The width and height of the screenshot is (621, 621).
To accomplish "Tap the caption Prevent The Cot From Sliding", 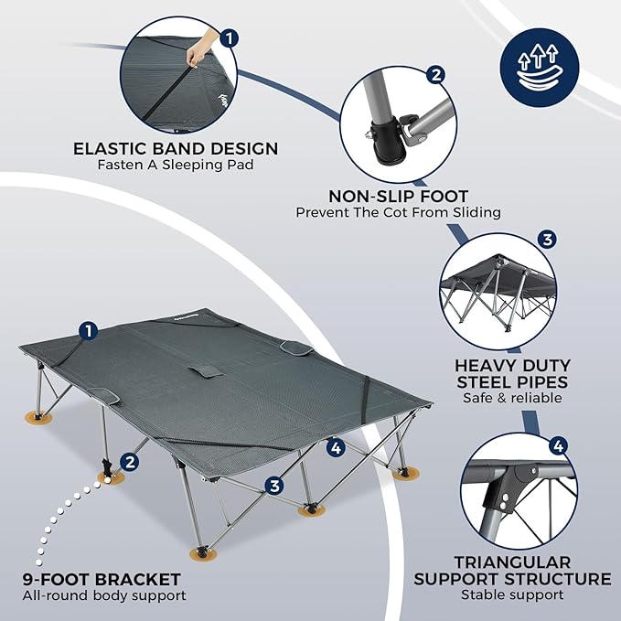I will coord(398,212).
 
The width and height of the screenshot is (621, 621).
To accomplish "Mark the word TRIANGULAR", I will coord(512,561).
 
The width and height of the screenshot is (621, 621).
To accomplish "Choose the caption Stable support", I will coord(512,596).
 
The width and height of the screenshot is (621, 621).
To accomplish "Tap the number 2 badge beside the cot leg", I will coord(130,463).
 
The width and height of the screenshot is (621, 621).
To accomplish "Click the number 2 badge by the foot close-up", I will coord(437,75).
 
